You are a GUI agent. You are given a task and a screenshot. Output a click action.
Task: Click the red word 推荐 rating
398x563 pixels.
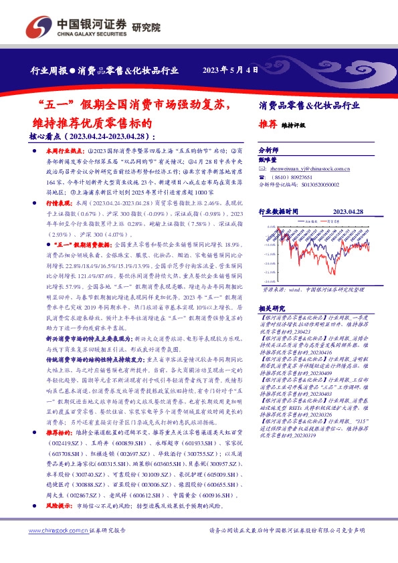tap(268, 125)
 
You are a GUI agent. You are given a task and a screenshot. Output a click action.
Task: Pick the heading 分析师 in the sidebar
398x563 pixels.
tap(268, 151)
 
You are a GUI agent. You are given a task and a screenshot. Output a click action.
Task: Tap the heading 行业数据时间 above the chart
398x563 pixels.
tap(282, 211)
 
